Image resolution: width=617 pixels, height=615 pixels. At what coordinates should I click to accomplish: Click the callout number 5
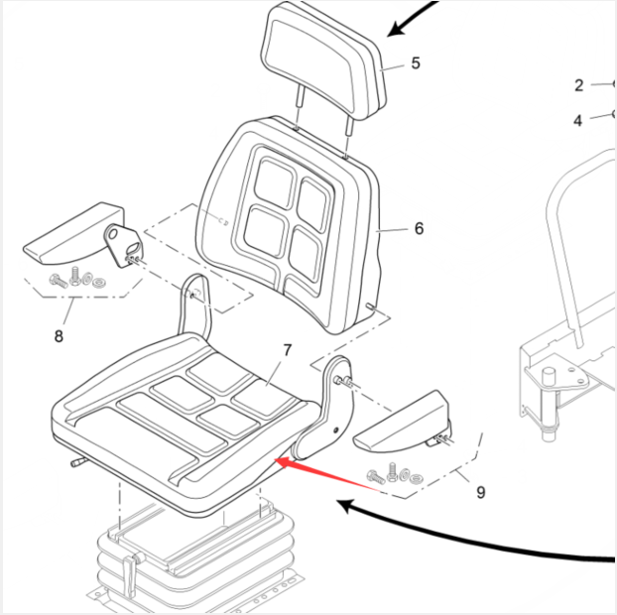pyautogui.click(x=416, y=63)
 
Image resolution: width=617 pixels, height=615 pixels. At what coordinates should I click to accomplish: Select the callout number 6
pyautogui.click(x=419, y=229)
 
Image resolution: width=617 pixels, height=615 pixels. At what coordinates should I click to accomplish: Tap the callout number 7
pyautogui.click(x=288, y=350)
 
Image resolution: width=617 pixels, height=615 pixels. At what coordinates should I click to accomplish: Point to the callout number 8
pyautogui.click(x=59, y=336)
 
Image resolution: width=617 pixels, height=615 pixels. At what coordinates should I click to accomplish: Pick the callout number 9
pyautogui.click(x=481, y=491)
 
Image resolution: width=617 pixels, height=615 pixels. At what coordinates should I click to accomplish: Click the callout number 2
pyautogui.click(x=579, y=85)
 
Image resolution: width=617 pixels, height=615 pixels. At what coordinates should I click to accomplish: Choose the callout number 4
pyautogui.click(x=578, y=121)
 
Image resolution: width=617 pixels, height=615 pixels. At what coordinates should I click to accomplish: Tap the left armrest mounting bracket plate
pyautogui.click(x=122, y=243)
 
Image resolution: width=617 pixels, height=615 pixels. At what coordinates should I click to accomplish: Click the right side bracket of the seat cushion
pyautogui.click(x=326, y=407)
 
